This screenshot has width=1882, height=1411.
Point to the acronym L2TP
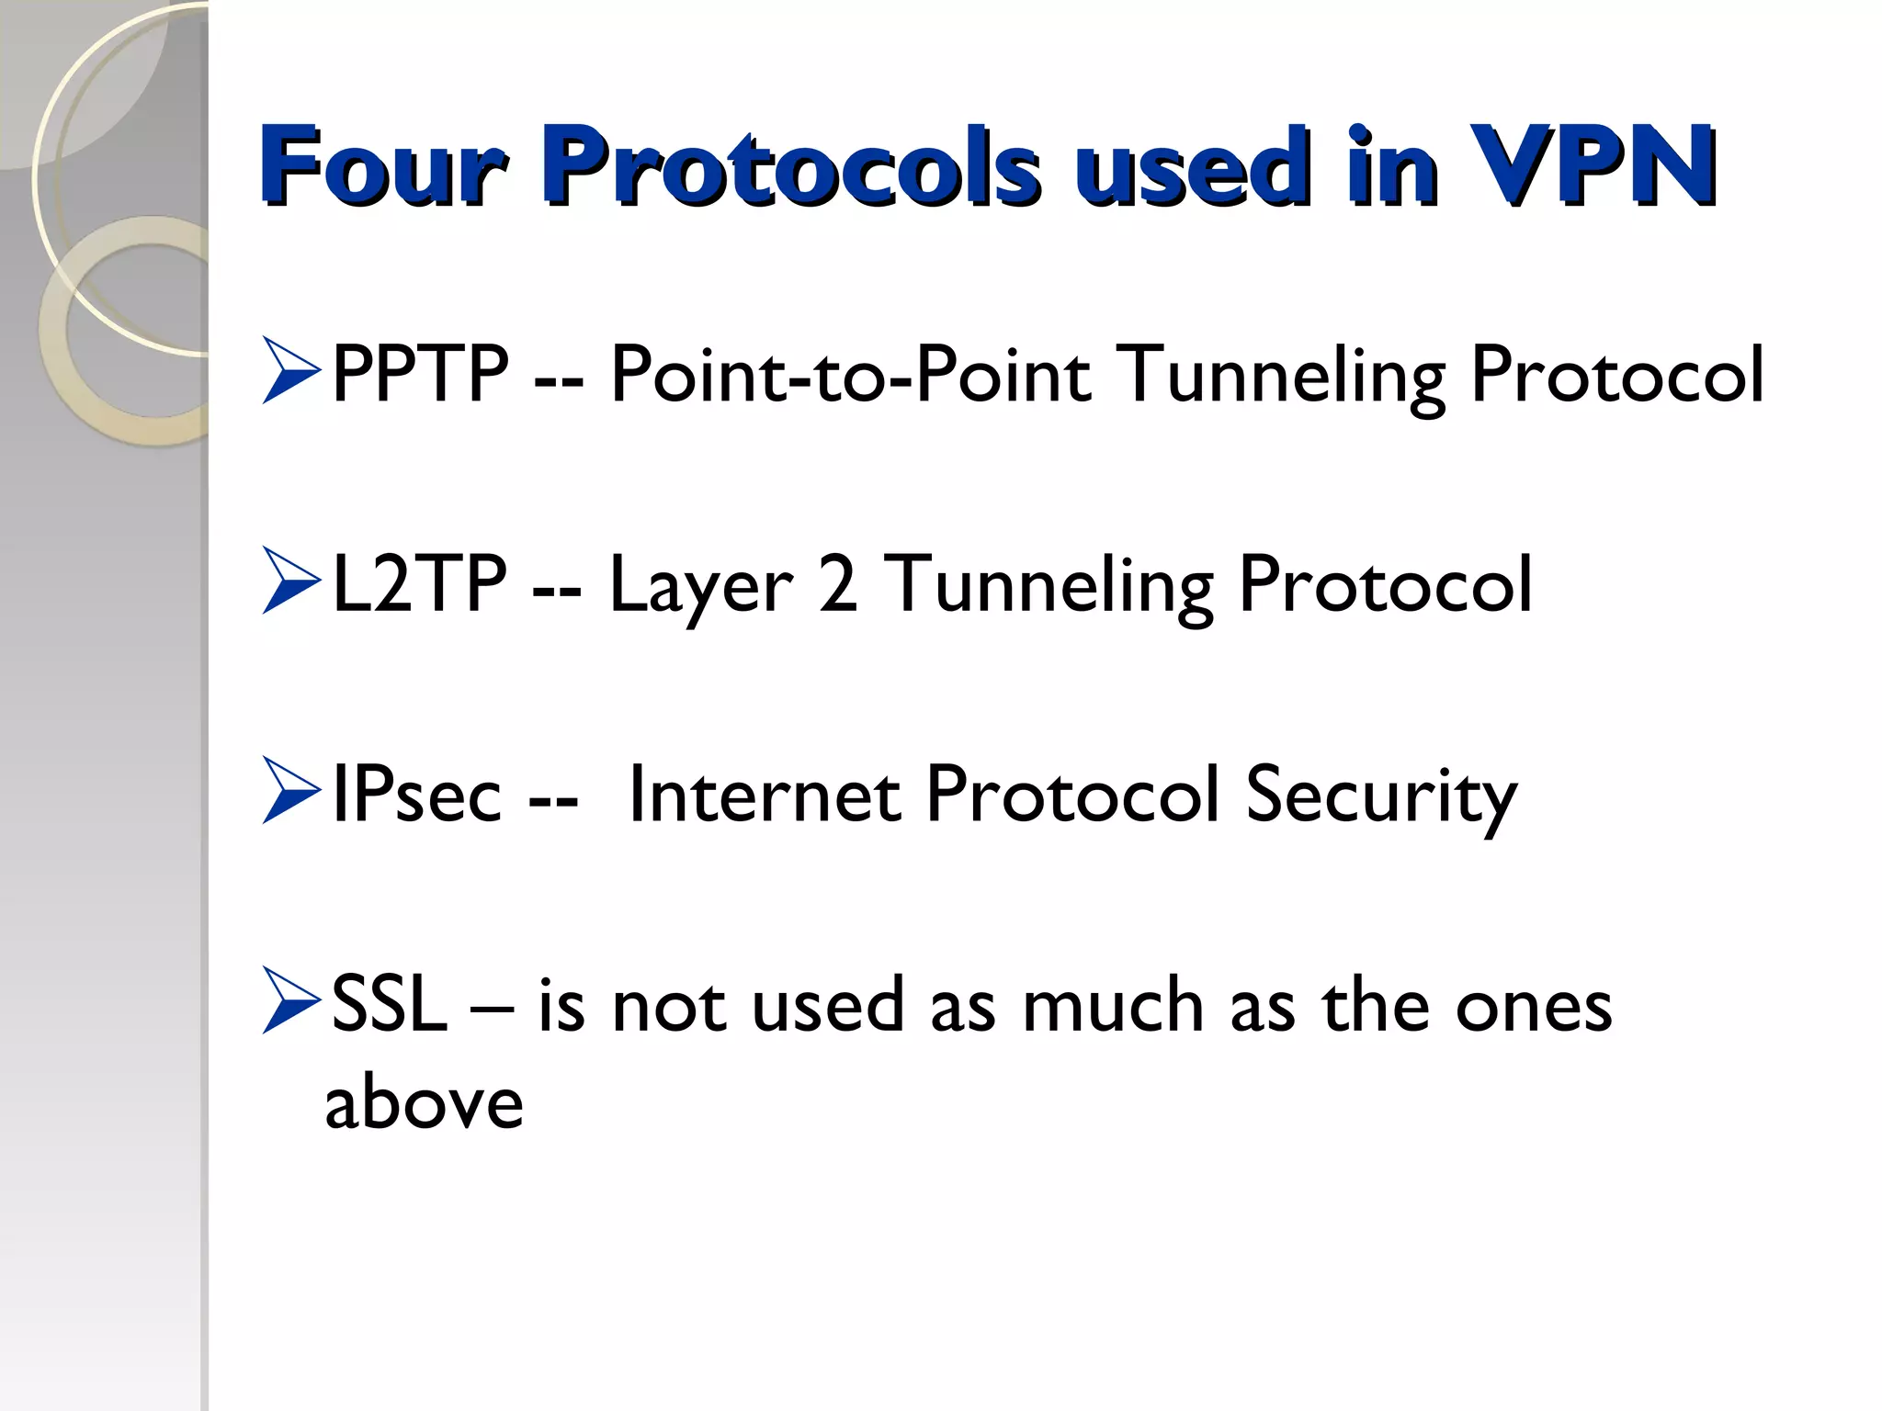pos(419,583)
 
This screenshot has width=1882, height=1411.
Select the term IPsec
pos(416,794)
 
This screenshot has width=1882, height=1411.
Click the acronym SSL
pos(389,1004)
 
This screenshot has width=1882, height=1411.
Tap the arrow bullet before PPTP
pos(290,370)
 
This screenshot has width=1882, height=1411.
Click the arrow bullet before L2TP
pos(290,580)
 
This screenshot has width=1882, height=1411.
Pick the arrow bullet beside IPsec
pos(290,790)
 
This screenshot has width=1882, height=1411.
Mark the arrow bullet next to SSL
pos(290,999)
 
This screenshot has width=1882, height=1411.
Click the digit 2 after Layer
pos(837,583)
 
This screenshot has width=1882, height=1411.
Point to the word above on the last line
pos(424,1101)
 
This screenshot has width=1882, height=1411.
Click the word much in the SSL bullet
pos(1113,1004)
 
